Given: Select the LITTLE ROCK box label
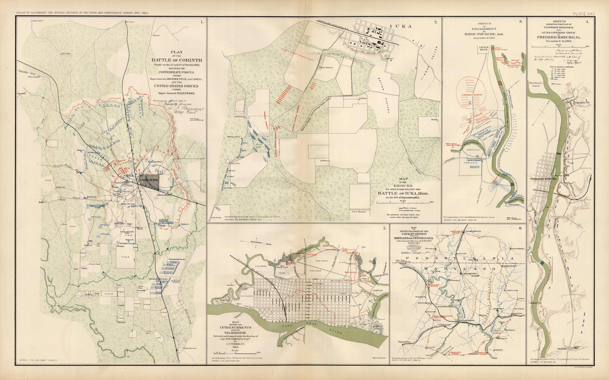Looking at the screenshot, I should (x=484, y=48).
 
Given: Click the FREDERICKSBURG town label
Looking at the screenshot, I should (x=543, y=179).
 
